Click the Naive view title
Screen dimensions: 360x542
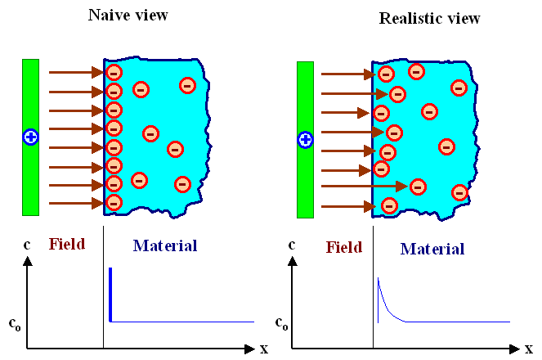[x=128, y=16]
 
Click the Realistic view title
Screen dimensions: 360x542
[x=429, y=17]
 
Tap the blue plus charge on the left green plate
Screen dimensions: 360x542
[x=31, y=137]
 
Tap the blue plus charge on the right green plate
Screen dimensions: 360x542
[x=305, y=140]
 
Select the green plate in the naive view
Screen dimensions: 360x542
[x=31, y=180]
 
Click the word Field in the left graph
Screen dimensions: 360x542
[x=67, y=244]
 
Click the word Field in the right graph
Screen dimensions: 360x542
[x=343, y=248]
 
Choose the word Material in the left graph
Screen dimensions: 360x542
[x=165, y=245]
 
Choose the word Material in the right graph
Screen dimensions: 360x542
[x=432, y=249]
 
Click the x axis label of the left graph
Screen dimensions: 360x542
[x=264, y=349]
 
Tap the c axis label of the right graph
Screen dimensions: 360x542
[x=292, y=245]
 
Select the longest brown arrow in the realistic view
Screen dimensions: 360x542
[x=364, y=187]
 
